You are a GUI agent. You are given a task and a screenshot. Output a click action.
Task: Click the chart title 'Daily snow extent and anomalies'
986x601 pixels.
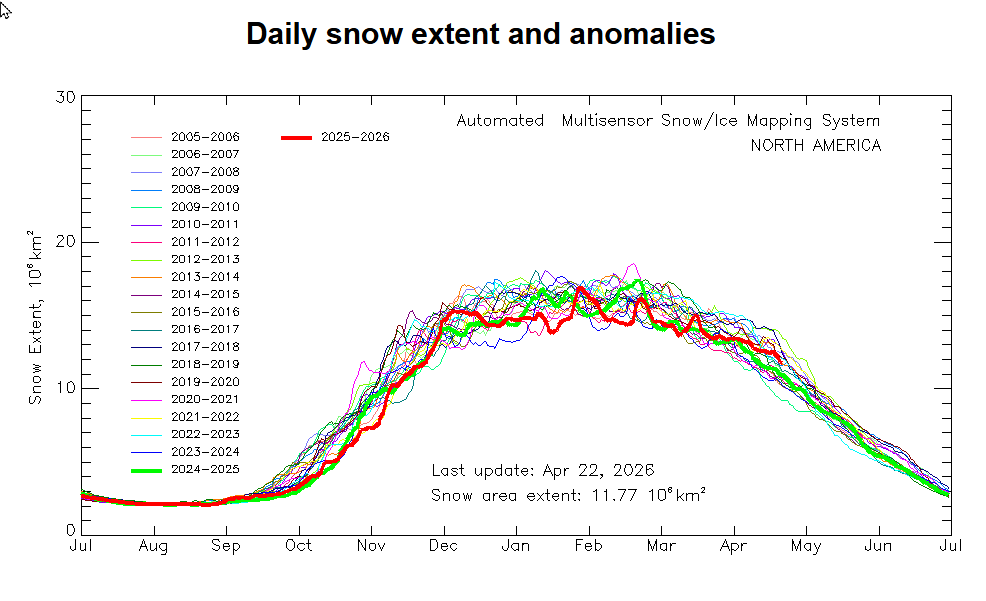click(x=480, y=34)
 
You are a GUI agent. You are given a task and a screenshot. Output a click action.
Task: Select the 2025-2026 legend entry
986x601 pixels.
click(x=355, y=137)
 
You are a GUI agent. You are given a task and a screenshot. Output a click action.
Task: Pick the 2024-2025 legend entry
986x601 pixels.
click(x=204, y=469)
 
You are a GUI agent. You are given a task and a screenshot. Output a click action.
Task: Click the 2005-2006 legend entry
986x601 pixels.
click(x=204, y=137)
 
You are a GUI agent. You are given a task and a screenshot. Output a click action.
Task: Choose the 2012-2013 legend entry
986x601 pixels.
click(x=204, y=259)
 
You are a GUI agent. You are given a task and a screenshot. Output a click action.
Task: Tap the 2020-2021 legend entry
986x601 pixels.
click(x=204, y=399)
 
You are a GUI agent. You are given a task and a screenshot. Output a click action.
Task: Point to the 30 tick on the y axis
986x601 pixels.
click(x=66, y=97)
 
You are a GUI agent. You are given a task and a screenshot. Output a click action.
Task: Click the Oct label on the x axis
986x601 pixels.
click(x=298, y=546)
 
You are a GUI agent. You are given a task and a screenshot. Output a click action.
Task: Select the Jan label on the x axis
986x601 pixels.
click(x=516, y=546)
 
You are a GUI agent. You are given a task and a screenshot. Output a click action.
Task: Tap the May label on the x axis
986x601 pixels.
click(x=806, y=546)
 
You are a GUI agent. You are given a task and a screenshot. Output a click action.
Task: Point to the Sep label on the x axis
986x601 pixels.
click(x=226, y=546)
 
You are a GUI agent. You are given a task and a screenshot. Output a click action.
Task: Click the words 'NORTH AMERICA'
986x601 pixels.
click(x=816, y=146)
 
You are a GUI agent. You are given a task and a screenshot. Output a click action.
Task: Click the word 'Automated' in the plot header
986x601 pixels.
click(x=500, y=121)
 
